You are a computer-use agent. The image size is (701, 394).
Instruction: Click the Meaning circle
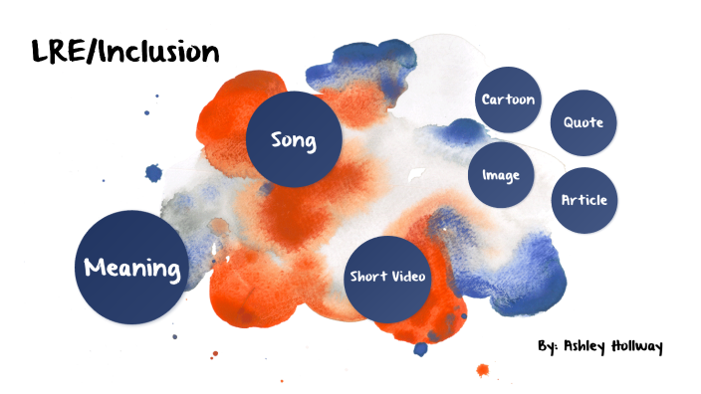(x=132, y=267)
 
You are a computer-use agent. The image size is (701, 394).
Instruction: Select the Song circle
(x=294, y=140)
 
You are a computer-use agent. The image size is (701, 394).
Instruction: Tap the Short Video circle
(x=387, y=277)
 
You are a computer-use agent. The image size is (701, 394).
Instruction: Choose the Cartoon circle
(x=508, y=99)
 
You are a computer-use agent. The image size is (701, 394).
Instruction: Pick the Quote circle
(x=584, y=122)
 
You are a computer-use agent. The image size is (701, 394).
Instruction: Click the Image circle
(x=501, y=174)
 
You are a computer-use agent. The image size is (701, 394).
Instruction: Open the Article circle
(x=584, y=200)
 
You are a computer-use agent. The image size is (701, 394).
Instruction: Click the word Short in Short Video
(x=366, y=277)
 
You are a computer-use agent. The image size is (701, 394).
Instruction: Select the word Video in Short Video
(x=408, y=277)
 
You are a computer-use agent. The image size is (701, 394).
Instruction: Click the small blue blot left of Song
(x=153, y=173)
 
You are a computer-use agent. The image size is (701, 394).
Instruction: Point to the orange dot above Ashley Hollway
(x=483, y=371)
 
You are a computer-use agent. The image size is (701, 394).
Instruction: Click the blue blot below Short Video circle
(x=420, y=349)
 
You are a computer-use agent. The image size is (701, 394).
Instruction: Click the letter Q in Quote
(x=569, y=122)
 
